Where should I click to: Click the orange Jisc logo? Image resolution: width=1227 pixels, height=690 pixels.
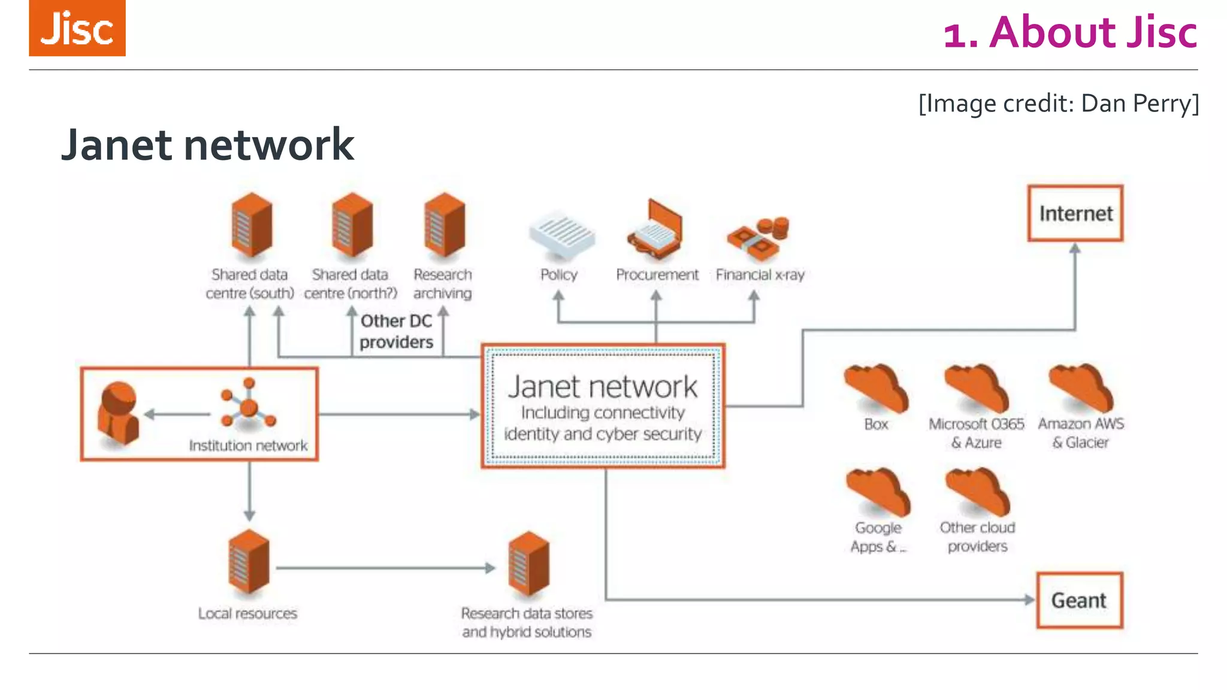77,28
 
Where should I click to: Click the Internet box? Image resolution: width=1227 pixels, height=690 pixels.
1075,214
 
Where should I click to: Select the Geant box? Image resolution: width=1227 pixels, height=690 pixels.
1079,600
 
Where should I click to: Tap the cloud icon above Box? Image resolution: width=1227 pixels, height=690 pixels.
876,388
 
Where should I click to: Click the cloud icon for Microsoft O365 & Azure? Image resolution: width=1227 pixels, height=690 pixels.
977,388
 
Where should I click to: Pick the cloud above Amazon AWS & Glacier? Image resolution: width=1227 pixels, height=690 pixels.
1081,388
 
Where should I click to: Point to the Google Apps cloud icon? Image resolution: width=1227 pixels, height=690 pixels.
878,492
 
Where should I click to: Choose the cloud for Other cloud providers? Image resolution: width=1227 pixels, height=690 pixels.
978,492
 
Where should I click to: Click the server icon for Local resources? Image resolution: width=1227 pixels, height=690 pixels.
249,562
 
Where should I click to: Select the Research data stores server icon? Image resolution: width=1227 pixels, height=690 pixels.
528,563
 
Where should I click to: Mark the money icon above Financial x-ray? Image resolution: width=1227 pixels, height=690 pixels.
758,238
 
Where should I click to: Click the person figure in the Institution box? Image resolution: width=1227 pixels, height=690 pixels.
119,413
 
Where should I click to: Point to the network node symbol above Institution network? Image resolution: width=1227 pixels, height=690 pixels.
248,404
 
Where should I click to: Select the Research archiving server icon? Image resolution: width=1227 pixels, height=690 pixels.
444,225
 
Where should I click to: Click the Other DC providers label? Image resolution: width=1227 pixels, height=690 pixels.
396,331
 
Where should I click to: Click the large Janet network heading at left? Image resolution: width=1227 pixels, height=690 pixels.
207,145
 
